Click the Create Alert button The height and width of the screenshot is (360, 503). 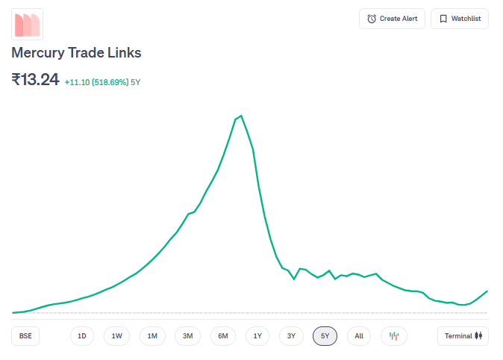point(392,19)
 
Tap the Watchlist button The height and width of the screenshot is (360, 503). point(459,19)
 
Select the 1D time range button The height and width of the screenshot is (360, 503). point(82,336)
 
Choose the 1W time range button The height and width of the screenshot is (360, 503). point(117,336)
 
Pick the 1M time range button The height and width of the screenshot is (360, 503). point(152,336)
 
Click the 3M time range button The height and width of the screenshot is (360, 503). point(188,336)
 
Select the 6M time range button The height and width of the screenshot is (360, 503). point(223,336)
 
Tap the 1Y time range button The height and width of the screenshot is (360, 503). point(257,336)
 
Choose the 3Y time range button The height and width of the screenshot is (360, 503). point(291,336)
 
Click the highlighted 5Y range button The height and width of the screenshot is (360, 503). point(325,336)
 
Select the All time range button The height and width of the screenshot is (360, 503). point(359,336)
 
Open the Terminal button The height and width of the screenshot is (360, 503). point(463,336)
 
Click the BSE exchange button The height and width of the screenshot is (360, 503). point(25,336)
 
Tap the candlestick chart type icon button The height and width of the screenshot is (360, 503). point(394,336)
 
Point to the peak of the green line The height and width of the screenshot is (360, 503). point(240,116)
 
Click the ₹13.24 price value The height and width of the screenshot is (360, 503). point(35,79)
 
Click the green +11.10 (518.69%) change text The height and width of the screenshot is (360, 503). point(96,82)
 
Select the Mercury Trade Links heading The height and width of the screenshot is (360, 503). point(76,53)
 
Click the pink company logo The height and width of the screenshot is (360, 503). point(27,24)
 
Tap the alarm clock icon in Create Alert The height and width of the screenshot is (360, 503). point(372,19)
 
